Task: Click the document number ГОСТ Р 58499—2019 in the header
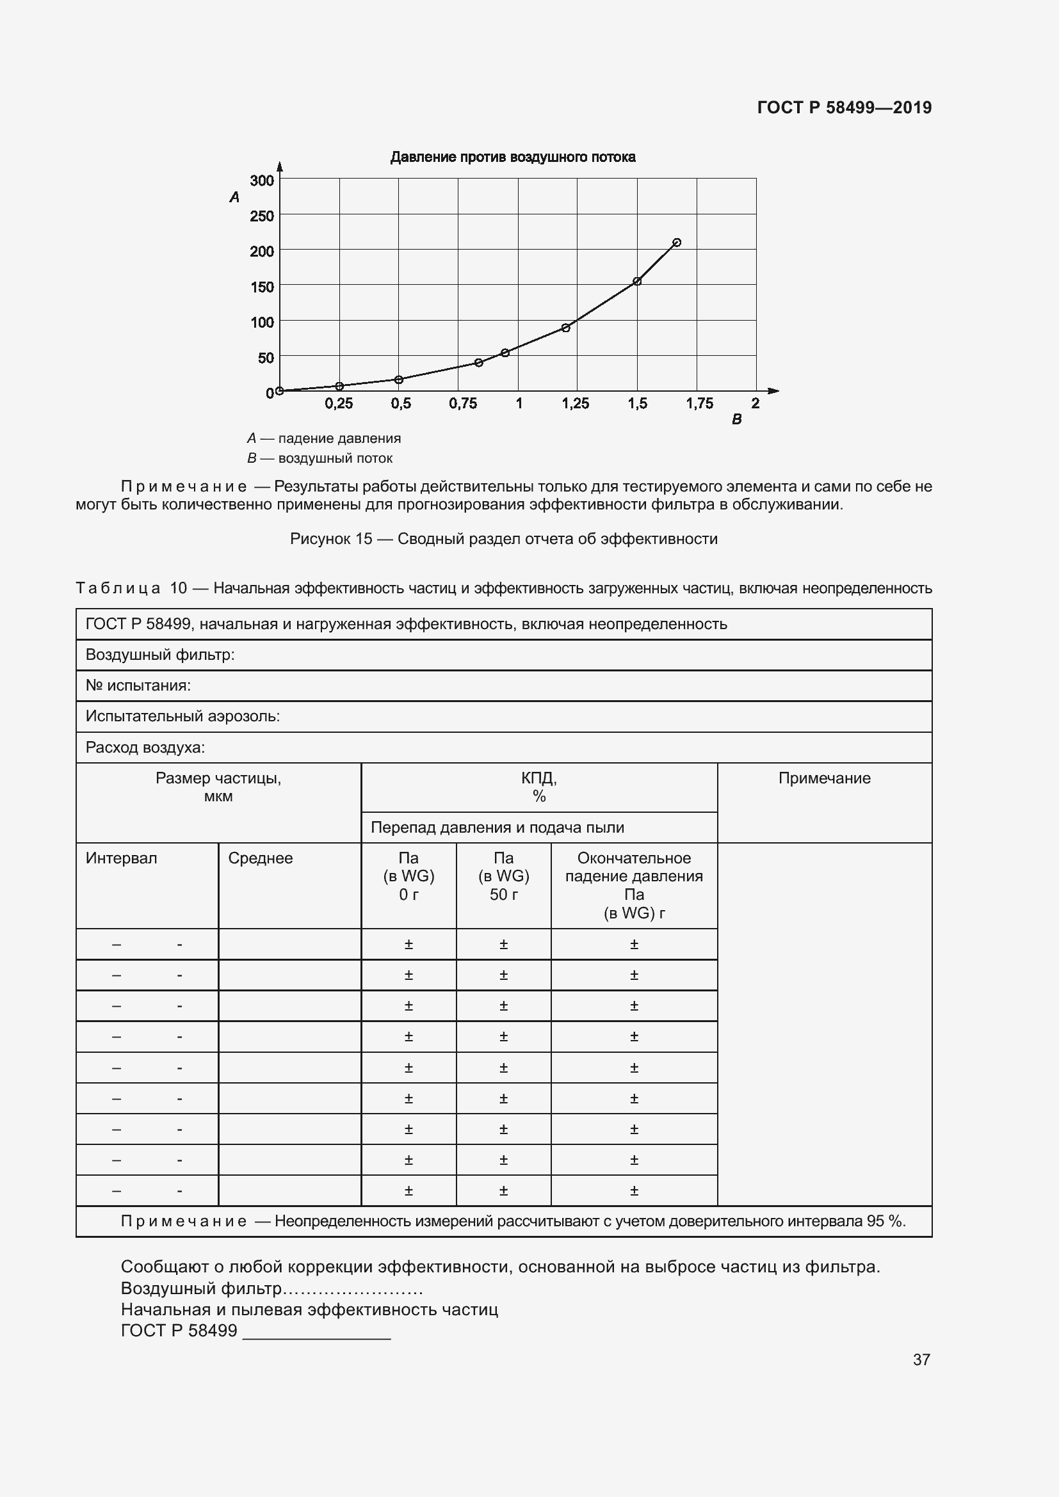[844, 108]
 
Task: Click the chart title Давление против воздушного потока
[513, 157]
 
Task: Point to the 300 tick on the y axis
[261, 180]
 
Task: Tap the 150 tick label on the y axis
[261, 287]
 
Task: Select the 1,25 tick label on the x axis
[575, 404]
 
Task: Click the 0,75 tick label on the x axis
[462, 404]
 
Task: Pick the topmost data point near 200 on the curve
[676, 243]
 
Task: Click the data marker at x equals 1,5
[637, 282]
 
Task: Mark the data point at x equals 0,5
[398, 380]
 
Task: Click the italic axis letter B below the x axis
[736, 420]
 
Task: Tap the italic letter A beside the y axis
[235, 197]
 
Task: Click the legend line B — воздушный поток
[319, 458]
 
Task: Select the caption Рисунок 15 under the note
[503, 539]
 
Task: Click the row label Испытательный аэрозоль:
[182, 717]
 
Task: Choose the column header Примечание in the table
[824, 778]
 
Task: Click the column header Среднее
[260, 859]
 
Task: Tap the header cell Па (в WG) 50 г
[503, 876]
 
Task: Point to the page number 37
[921, 1359]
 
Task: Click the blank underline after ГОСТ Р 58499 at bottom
[316, 1332]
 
